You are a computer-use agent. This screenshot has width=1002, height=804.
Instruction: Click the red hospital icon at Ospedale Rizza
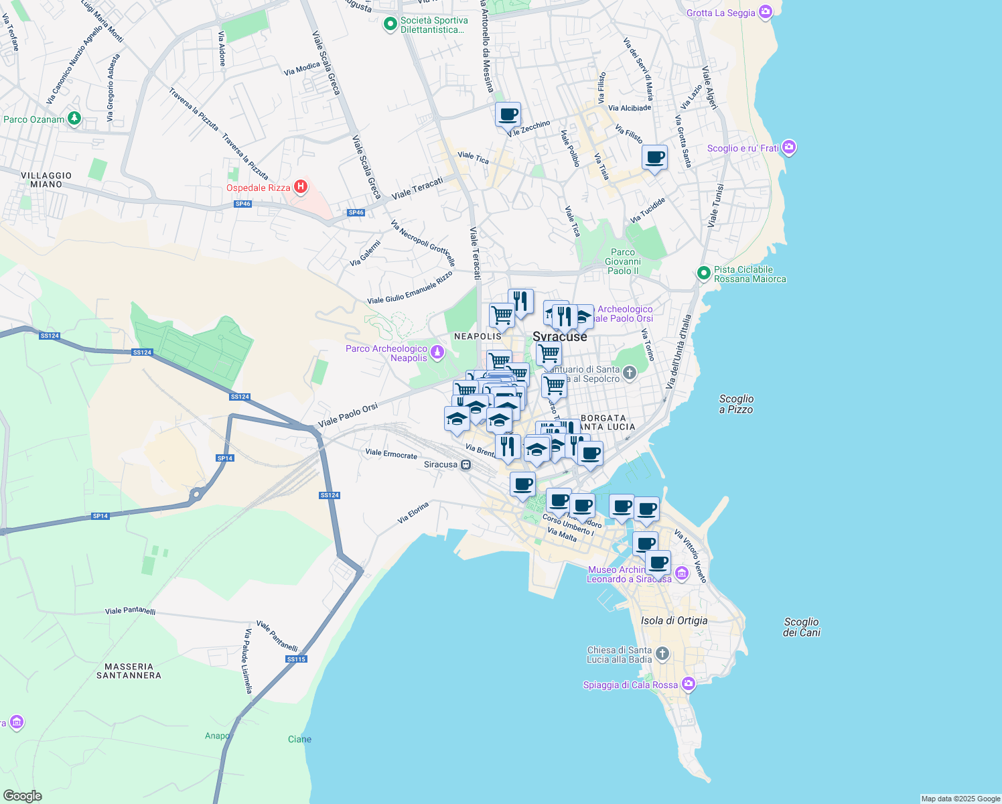[x=301, y=187]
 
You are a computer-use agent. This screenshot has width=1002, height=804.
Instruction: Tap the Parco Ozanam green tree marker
[x=74, y=119]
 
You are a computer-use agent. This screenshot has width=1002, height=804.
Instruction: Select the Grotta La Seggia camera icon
[x=766, y=12]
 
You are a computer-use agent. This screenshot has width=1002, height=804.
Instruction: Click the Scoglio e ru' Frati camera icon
[x=789, y=147]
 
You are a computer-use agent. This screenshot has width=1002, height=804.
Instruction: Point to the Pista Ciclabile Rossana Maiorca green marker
[x=703, y=273]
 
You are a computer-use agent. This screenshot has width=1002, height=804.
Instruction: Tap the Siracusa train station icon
[x=466, y=464]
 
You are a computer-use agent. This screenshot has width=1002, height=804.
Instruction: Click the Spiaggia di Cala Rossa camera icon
[x=689, y=684]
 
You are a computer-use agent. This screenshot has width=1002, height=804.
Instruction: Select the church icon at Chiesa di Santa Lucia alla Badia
[x=662, y=654]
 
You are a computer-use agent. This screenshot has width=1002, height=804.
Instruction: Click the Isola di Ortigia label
[x=674, y=620]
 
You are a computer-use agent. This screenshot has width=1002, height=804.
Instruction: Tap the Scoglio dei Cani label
[x=801, y=627]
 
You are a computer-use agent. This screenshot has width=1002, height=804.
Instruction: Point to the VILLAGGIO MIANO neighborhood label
[x=46, y=180]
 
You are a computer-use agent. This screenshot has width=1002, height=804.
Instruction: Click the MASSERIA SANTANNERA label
[x=129, y=671]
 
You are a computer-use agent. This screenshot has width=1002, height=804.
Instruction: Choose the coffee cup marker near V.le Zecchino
[x=508, y=115]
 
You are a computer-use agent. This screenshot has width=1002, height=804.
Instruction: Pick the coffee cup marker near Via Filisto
[x=654, y=158]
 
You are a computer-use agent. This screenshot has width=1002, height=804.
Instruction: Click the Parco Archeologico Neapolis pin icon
[x=437, y=352]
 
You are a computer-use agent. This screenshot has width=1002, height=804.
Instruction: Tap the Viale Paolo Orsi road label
[x=348, y=415]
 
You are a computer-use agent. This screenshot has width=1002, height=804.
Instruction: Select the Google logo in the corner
[x=22, y=795]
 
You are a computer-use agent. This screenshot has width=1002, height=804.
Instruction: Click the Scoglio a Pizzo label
[x=736, y=404]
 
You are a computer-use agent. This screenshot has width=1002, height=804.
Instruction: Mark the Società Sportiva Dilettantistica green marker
[x=390, y=25]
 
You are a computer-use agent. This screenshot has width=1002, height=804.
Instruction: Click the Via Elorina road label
[x=413, y=513]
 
